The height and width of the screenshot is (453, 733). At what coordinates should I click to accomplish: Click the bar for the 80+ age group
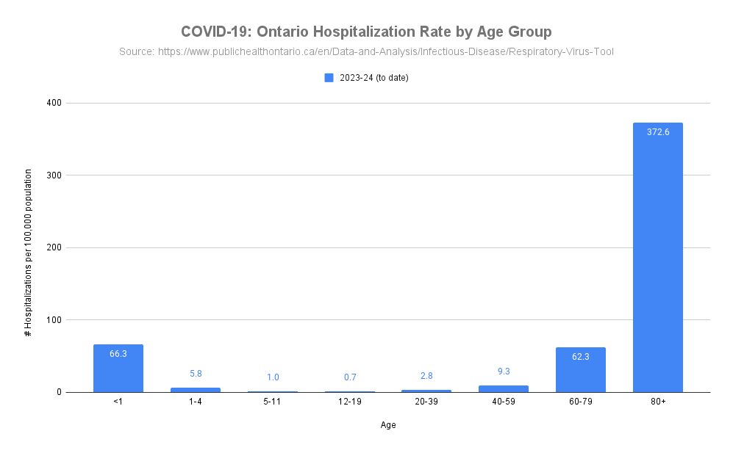[657, 257]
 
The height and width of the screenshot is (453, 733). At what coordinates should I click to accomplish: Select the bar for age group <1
[118, 368]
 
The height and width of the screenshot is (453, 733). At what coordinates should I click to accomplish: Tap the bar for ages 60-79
[580, 369]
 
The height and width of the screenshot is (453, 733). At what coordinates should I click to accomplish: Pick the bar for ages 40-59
[504, 388]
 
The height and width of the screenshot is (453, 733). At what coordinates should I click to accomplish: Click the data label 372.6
[657, 132]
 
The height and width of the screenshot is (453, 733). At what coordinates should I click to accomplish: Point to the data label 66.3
[118, 354]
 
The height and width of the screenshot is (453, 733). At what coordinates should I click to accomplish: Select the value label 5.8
[196, 374]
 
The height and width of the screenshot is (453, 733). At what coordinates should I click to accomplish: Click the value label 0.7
[350, 377]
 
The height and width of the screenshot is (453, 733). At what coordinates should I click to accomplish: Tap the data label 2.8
[426, 376]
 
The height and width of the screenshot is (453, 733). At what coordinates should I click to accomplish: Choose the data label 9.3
[504, 372]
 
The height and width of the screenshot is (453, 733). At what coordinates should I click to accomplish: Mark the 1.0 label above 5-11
[273, 377]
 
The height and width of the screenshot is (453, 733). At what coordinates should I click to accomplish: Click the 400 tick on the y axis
[53, 103]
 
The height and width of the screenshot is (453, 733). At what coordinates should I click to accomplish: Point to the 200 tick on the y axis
[53, 247]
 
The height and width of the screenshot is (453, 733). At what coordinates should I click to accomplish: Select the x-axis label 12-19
[350, 402]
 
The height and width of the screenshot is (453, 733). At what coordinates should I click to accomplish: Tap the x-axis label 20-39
[426, 402]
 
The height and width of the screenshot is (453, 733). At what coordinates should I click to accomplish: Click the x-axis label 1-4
[196, 402]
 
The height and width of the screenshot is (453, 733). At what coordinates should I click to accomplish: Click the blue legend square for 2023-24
[329, 78]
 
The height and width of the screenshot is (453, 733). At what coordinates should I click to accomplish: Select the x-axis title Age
[388, 425]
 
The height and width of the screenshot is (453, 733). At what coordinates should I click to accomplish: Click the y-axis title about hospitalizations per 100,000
[28, 253]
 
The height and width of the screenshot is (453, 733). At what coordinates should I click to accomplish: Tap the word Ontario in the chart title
[282, 32]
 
